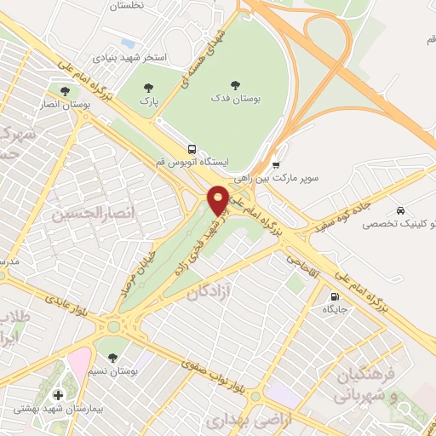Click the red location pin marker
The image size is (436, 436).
(x=218, y=199)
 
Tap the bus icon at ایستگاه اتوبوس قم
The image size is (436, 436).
(x=192, y=146)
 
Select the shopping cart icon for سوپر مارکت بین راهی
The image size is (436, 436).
(x=276, y=165)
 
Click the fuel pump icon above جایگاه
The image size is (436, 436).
(x=334, y=297)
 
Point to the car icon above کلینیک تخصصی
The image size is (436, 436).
(x=399, y=209)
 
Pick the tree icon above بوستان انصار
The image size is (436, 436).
(x=65, y=90)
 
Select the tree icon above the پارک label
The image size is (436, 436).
(x=150, y=87)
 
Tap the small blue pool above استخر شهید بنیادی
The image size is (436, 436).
(x=129, y=43)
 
